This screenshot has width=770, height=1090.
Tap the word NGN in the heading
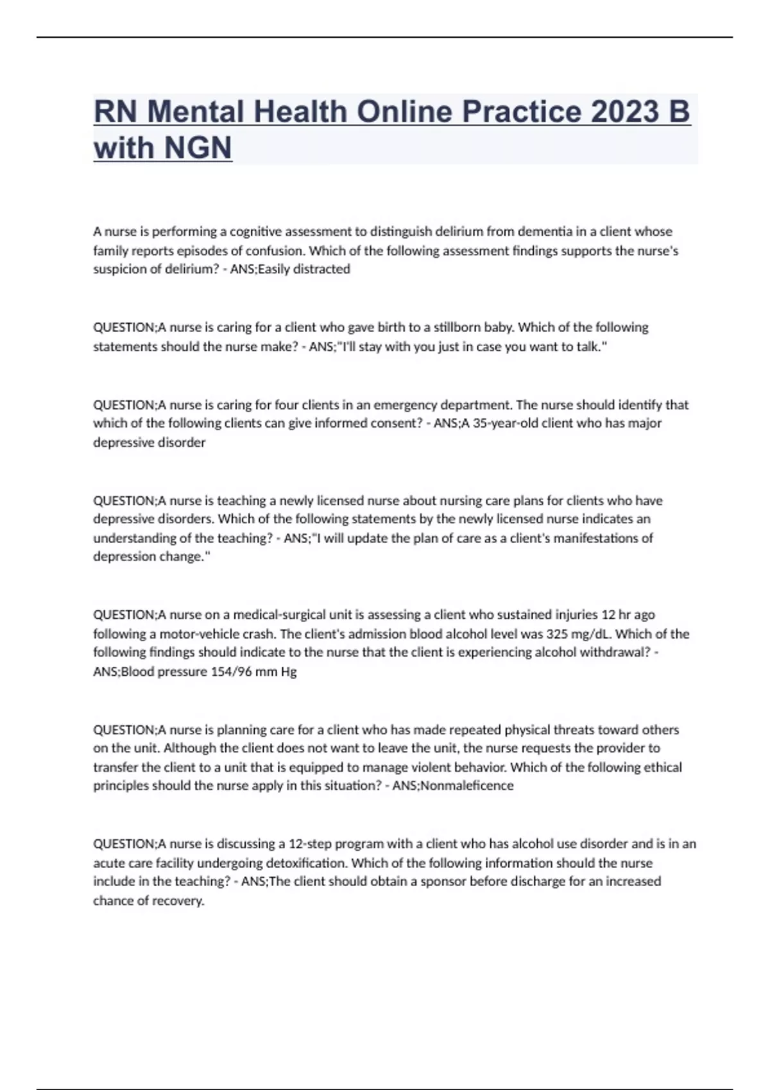(198, 148)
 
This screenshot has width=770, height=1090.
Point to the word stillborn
(457, 328)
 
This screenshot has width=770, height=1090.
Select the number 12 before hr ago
(608, 615)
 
